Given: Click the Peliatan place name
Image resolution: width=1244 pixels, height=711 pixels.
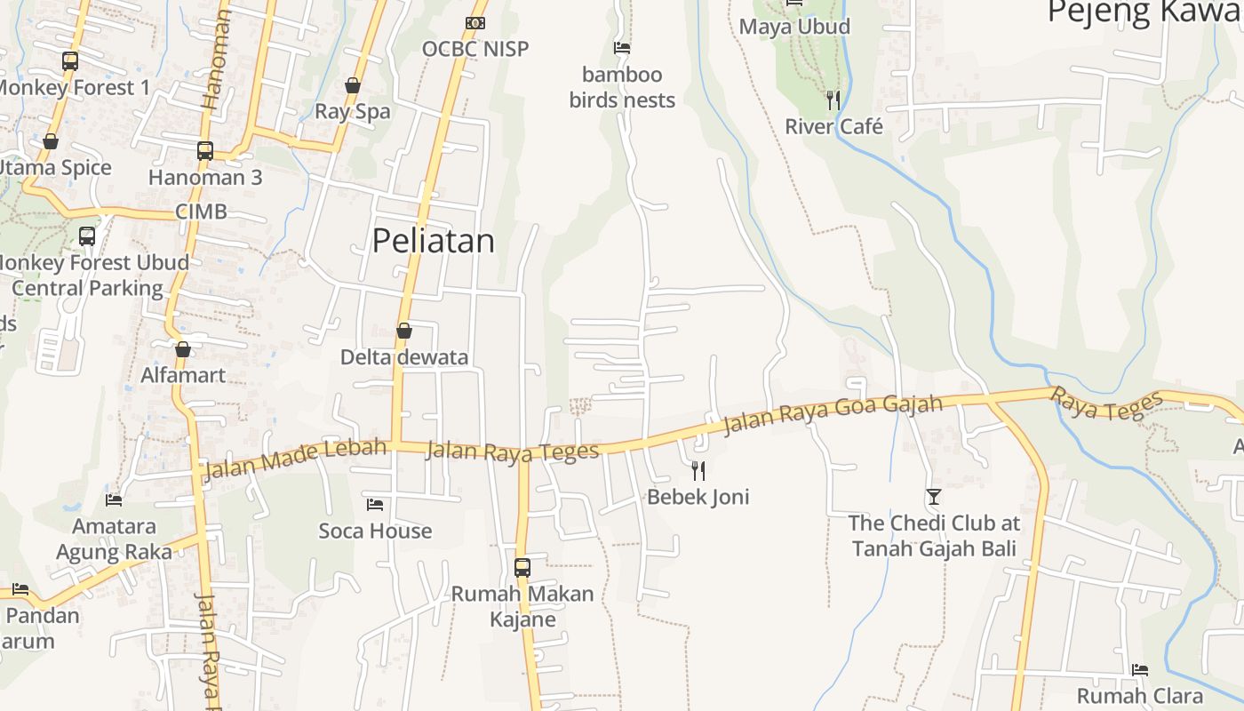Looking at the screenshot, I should pyautogui.click(x=433, y=241).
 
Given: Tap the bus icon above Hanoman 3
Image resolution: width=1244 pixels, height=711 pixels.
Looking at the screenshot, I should pyautogui.click(x=205, y=151).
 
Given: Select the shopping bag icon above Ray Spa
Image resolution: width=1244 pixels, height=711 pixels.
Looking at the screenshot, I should pyautogui.click(x=353, y=85).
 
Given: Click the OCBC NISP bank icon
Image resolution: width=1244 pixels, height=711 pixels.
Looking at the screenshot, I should pyautogui.click(x=475, y=23).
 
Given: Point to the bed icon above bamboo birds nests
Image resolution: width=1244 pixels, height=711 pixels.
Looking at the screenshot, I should pyautogui.click(x=622, y=48).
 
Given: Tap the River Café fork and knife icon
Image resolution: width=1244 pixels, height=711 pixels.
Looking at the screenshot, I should pyautogui.click(x=833, y=100).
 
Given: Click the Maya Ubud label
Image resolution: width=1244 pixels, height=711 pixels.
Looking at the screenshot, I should pyautogui.click(x=794, y=27).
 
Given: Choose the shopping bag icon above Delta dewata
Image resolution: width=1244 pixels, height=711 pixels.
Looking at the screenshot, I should pyautogui.click(x=404, y=331).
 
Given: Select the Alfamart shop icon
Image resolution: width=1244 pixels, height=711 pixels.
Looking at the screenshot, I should pyautogui.click(x=183, y=349).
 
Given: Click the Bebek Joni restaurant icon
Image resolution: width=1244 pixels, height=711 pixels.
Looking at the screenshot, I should pyautogui.click(x=698, y=470).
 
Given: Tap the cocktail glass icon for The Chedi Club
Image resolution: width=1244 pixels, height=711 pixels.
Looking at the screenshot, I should pyautogui.click(x=933, y=496).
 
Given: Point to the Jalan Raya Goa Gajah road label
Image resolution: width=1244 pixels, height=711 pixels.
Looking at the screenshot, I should pyautogui.click(x=833, y=414).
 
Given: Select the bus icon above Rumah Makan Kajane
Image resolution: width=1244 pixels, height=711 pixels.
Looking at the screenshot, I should pyautogui.click(x=522, y=567).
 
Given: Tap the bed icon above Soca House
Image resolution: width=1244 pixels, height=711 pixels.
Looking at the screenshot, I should pyautogui.click(x=375, y=505).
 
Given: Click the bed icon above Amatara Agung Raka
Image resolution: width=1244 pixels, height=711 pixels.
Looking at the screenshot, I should pyautogui.click(x=114, y=500).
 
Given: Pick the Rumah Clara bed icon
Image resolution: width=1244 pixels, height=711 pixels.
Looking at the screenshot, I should pyautogui.click(x=1140, y=669).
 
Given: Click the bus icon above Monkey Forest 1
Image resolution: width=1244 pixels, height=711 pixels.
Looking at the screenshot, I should pyautogui.click(x=70, y=61).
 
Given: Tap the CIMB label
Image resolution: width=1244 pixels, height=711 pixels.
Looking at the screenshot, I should pyautogui.click(x=201, y=212).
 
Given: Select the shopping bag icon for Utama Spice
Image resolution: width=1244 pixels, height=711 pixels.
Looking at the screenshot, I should pyautogui.click(x=51, y=142).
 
